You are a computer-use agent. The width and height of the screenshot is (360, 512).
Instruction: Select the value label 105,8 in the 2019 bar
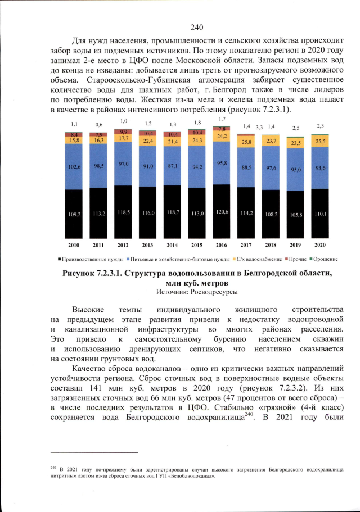(x=295, y=214)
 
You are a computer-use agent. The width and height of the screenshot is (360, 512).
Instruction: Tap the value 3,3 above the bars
(x=259, y=128)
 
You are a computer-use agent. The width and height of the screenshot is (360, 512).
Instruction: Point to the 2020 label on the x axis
(x=320, y=246)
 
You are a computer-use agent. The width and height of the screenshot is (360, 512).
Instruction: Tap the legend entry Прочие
(x=292, y=259)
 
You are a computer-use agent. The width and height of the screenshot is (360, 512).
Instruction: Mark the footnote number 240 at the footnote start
(x=53, y=466)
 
